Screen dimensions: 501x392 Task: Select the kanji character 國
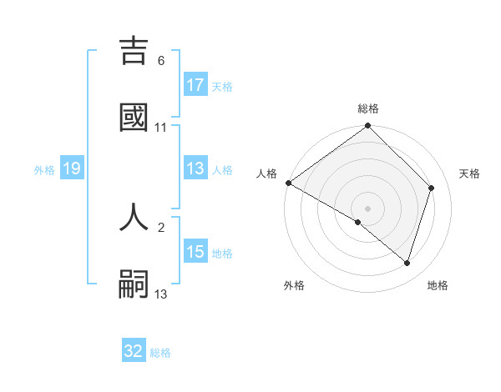click(x=134, y=117)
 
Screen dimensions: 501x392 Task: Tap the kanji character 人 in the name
click(x=134, y=216)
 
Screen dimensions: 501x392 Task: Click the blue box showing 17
click(x=195, y=85)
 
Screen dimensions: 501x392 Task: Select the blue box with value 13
click(x=195, y=168)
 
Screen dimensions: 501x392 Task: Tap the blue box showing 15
click(x=195, y=252)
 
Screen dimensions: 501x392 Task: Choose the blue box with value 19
click(x=71, y=169)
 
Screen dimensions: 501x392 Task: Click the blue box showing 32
click(x=134, y=352)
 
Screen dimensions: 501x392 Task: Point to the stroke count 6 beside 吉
click(x=161, y=61)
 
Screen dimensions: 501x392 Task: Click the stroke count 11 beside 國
click(x=161, y=128)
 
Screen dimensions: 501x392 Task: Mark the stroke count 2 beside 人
click(x=161, y=227)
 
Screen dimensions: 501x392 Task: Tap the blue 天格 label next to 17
click(x=222, y=86)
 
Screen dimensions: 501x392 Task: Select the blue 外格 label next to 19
click(x=44, y=170)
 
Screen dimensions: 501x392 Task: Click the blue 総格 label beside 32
click(x=160, y=353)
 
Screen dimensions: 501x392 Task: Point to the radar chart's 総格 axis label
click(x=368, y=108)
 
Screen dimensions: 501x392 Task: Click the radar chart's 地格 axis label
click(x=438, y=286)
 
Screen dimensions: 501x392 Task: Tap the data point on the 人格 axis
click(x=289, y=183)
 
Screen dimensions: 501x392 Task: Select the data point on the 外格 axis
click(x=358, y=222)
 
